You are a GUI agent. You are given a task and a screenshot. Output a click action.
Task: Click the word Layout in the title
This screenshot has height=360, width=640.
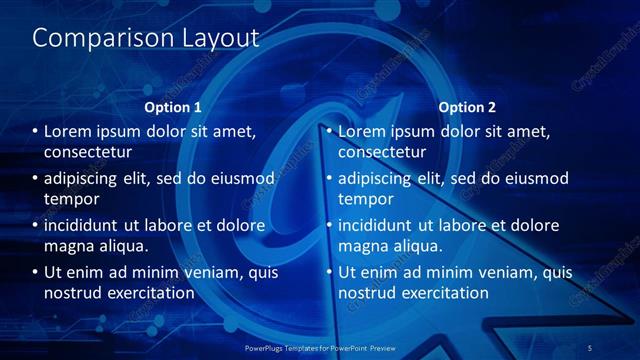pos(212,38)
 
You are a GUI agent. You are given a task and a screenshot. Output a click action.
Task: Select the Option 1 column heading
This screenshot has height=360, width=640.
pos(173,107)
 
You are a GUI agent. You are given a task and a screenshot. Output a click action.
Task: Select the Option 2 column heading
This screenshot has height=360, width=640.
pos(467,107)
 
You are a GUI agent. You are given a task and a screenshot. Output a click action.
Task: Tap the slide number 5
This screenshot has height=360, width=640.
pos(590,347)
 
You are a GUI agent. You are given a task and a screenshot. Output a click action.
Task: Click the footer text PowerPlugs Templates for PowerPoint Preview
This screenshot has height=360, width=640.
pos(319,347)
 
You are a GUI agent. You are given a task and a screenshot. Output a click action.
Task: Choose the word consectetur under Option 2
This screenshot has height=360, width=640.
pos(383,152)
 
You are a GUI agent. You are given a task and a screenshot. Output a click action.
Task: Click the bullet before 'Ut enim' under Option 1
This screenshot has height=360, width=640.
pos(36,272)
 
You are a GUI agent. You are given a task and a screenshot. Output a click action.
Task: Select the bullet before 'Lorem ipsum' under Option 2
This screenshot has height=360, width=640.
pos(330,131)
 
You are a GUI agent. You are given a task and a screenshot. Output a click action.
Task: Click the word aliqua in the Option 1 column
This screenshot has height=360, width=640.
pos(122,246)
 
